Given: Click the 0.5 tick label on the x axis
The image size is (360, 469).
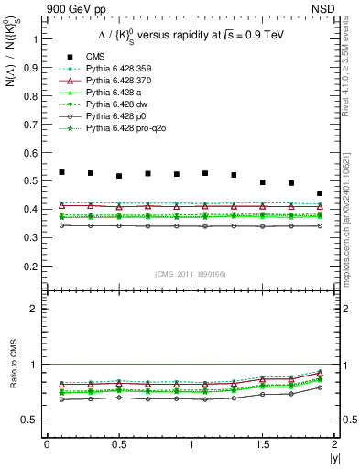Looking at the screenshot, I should [x=119, y=444].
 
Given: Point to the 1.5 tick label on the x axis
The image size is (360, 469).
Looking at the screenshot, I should [x=263, y=444].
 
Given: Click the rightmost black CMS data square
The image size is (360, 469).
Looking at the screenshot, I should [x=320, y=193].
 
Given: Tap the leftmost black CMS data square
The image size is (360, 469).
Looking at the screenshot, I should [x=61, y=172].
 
